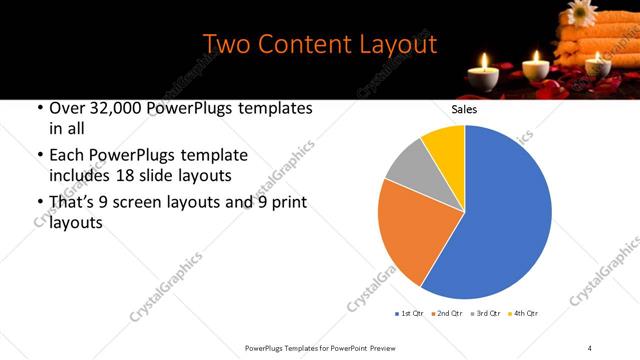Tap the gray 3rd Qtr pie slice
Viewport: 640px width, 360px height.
pos(408,168)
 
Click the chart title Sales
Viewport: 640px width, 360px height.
pos(464,109)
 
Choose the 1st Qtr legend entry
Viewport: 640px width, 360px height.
pos(411,314)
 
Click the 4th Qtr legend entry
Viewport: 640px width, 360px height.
pos(526,314)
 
